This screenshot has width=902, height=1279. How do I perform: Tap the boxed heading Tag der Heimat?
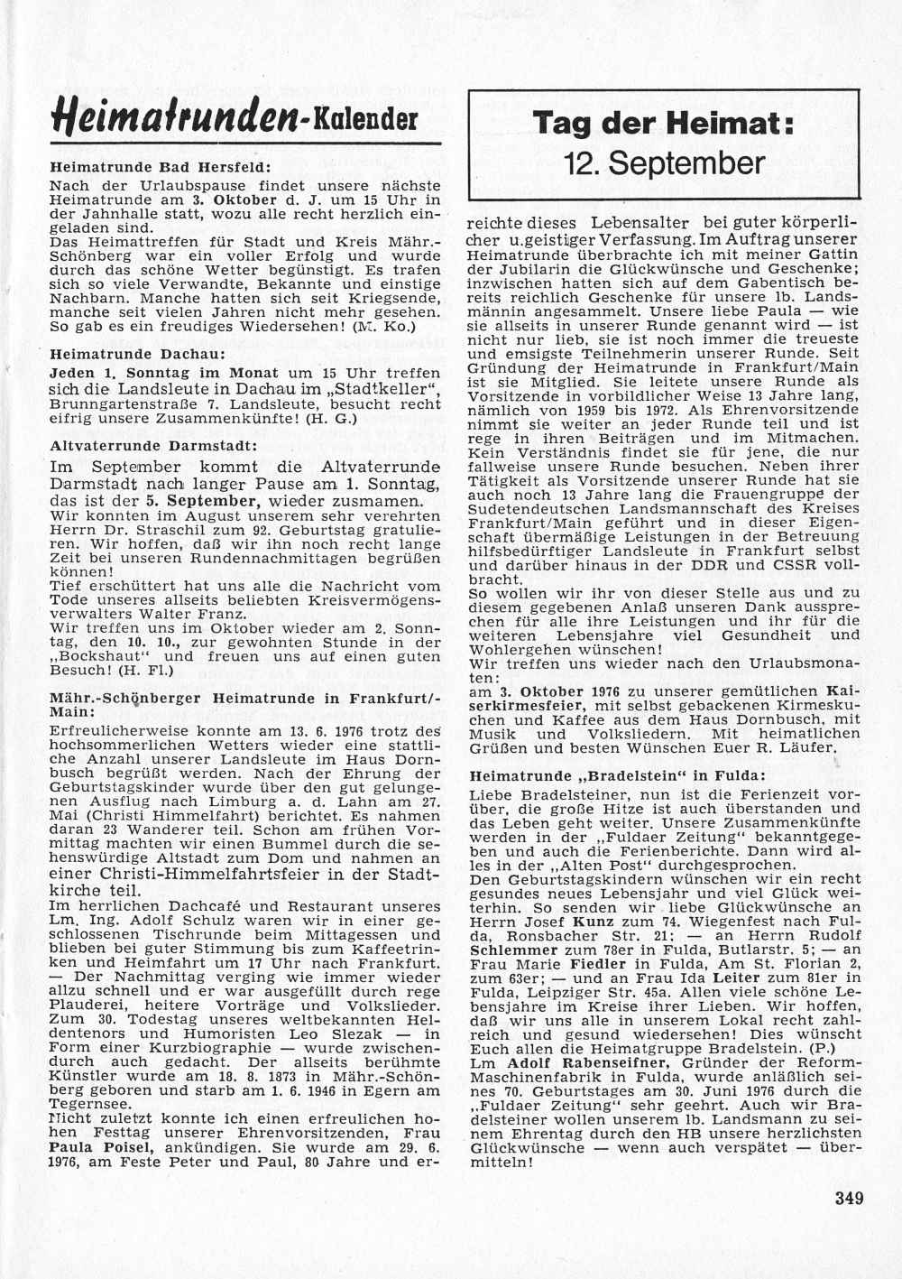coord(663,122)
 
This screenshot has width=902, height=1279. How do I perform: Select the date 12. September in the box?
coord(664,163)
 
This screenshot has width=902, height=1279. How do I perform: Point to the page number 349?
coord(849,1199)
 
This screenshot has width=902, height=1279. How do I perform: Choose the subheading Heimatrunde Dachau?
coord(137,355)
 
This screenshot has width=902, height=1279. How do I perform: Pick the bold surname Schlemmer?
coord(511,950)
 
